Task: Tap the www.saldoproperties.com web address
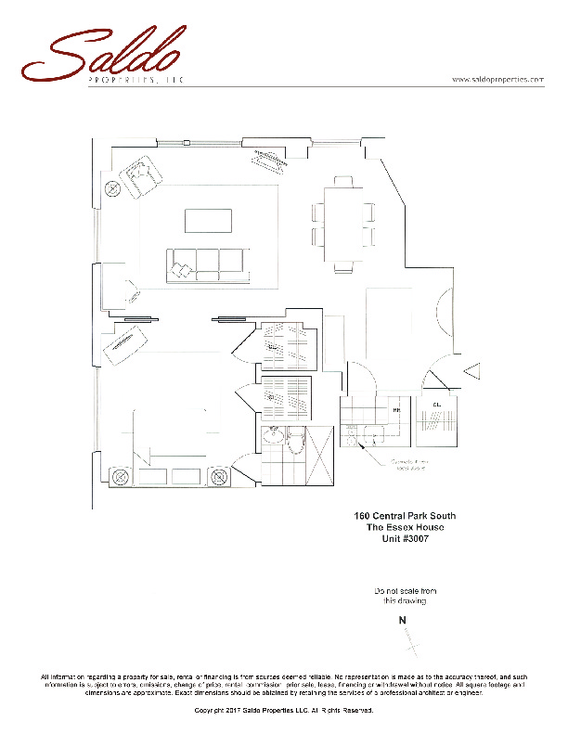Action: coord(497,80)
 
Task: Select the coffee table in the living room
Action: coord(208,220)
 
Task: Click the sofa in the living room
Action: coord(208,265)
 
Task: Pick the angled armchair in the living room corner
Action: coord(143,175)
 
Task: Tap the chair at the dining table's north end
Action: coord(343,181)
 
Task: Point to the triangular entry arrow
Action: coord(471,372)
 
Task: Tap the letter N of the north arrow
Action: coord(403,621)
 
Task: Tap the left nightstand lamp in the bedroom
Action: coord(121,477)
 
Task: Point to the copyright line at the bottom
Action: coord(283,710)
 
